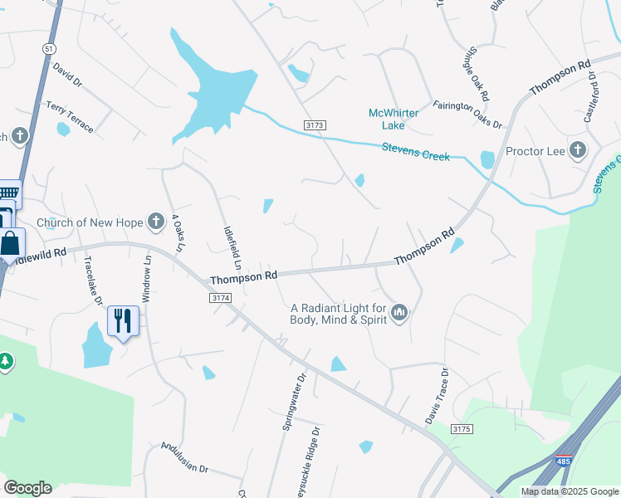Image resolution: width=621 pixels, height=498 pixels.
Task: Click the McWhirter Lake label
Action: pos(387,119)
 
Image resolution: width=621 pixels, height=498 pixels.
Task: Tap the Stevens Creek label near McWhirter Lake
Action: pos(415,152)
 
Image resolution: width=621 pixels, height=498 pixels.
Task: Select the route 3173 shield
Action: pos(315,124)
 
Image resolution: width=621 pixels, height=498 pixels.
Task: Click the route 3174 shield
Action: pos(220,297)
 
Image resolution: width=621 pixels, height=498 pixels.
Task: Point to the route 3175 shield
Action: pos(462,428)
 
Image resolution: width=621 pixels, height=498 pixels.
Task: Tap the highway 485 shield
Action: pos(563,459)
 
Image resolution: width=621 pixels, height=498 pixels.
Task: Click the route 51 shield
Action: pos(50,49)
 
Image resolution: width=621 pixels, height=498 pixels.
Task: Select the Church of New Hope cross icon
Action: pos(155,222)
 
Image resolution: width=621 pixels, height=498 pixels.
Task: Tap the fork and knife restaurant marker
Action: pos(123,320)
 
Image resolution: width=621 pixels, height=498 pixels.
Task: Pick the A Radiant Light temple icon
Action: pos(400,313)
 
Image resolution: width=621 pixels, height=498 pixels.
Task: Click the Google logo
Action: pos(27,488)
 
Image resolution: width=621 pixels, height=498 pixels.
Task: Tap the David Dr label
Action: pos(67,78)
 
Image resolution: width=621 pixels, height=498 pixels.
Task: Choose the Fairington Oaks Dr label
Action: pos(467,115)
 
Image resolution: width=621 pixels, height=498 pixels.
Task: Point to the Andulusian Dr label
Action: pos(184,456)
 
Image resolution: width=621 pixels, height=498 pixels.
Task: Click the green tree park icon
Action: pos(6,361)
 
